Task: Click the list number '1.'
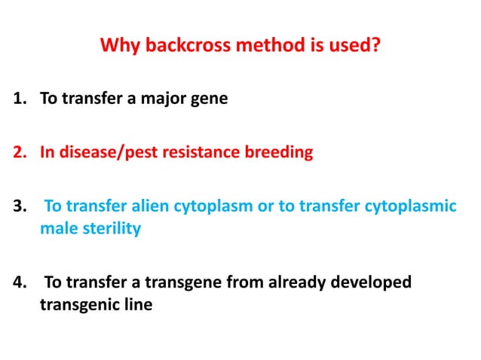point(20,98)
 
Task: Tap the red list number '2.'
point(20,152)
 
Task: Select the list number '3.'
point(20,206)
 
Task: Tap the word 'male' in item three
point(57,229)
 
